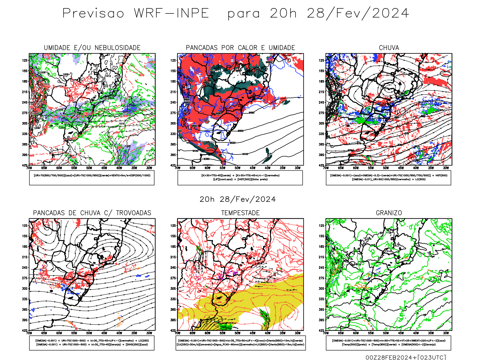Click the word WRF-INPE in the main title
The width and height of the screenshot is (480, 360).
click(171, 13)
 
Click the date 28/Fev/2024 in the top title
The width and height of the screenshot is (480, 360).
click(358, 13)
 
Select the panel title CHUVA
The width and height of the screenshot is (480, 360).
click(389, 48)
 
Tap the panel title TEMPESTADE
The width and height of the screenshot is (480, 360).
click(240, 213)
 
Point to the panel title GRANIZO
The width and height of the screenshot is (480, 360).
click(389, 213)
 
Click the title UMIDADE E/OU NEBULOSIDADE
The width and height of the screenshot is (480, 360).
click(92, 48)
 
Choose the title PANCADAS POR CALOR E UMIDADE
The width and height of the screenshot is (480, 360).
click(240, 48)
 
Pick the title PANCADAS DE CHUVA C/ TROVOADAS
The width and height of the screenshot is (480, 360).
click(92, 213)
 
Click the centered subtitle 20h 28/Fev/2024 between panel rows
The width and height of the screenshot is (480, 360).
click(238, 199)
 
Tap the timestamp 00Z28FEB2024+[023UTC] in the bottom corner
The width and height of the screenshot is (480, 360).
click(406, 357)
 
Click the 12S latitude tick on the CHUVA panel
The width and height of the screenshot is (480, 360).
click(321, 60)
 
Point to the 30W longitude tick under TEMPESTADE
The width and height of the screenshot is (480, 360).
click(298, 333)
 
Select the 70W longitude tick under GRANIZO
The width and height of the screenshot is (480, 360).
click(326, 333)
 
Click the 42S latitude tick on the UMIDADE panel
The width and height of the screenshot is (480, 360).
click(24, 165)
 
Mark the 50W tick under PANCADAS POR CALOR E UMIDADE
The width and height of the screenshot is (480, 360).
click(238, 168)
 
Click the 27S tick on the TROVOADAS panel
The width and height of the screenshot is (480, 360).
click(24, 278)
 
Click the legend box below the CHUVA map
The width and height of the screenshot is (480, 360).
click(388, 178)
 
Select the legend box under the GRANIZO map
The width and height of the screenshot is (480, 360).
click(388, 343)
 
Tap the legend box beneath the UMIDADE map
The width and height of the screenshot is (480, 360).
click(92, 178)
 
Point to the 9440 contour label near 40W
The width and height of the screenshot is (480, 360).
click(245, 154)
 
